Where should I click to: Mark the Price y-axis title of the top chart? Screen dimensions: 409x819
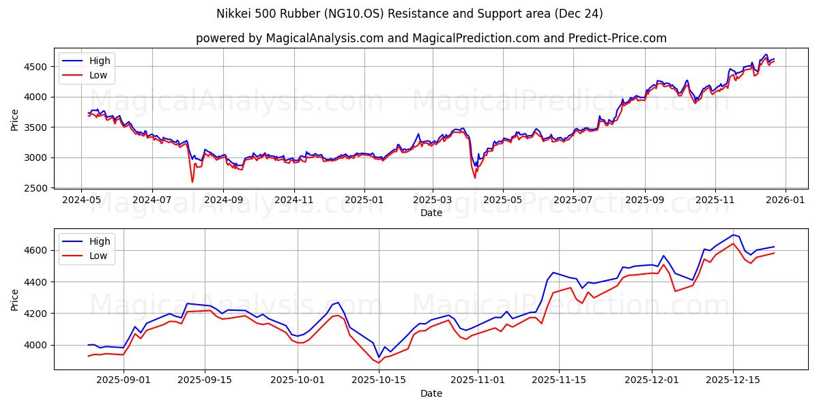click(15, 120)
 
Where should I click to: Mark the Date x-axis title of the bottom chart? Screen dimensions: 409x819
click(431, 393)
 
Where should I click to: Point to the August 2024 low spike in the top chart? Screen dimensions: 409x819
click(192, 181)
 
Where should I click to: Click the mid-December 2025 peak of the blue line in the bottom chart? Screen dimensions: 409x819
click(734, 235)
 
